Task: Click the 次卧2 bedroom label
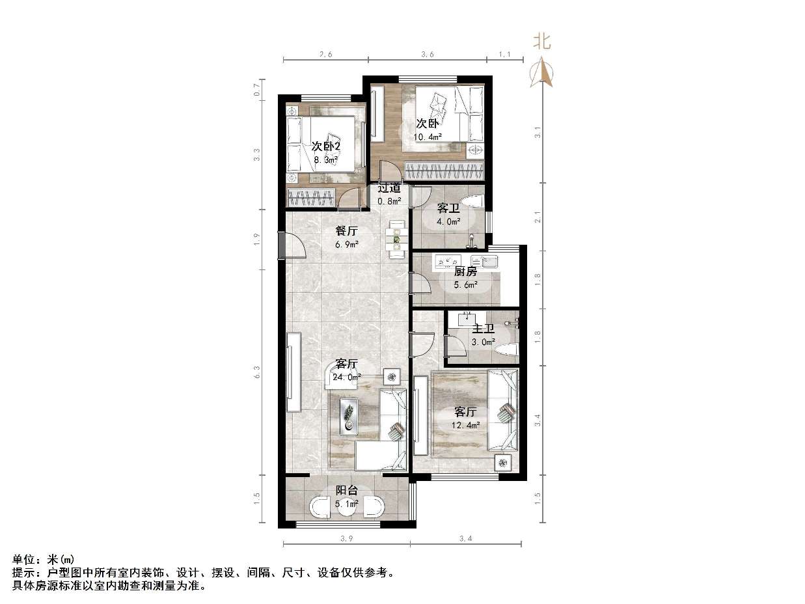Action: click(x=326, y=146)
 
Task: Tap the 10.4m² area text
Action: click(x=428, y=137)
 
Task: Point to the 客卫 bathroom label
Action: click(x=448, y=208)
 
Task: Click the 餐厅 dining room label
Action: click(x=346, y=230)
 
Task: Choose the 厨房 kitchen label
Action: click(x=465, y=271)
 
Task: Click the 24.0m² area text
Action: click(x=347, y=376)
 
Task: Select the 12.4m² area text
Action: click(x=465, y=425)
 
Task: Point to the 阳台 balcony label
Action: click(x=346, y=490)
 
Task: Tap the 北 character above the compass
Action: click(x=542, y=42)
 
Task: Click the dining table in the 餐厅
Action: click(x=395, y=236)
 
